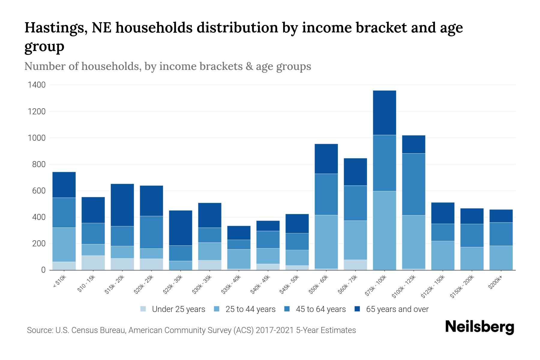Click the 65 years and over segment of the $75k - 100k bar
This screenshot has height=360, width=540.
coord(384,112)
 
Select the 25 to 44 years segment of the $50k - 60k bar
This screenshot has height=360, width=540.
coord(326,241)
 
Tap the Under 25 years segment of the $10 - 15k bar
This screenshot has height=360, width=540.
coord(93,262)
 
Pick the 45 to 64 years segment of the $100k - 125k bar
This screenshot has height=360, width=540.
coord(413,184)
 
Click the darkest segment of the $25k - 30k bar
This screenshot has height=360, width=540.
coord(181,228)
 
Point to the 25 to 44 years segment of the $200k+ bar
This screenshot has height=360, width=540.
coord(501,258)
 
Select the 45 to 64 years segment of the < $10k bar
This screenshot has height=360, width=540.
coord(64,212)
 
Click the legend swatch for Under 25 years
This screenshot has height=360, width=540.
coord(143,309)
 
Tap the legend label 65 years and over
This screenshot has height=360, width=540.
coord(397,309)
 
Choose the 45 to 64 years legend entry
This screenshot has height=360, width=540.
coord(320,309)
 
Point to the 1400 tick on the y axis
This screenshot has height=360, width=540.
coord(37,85)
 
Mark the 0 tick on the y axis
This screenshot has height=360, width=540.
coord(43,270)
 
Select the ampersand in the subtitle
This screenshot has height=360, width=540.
coord(249,66)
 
